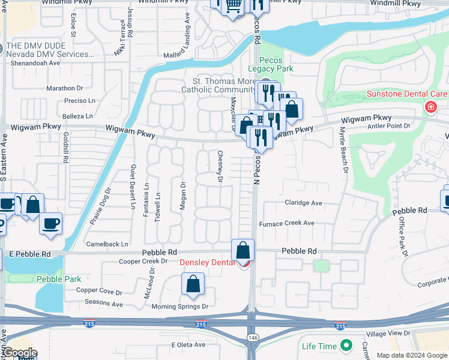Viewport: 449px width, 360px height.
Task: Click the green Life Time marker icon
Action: coord(346,346)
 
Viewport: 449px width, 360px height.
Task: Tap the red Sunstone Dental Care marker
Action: coord(430,107)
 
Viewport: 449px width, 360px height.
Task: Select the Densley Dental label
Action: coord(206,262)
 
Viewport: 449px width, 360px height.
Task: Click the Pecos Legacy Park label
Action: coord(276,64)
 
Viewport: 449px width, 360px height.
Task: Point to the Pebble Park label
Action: coord(59,279)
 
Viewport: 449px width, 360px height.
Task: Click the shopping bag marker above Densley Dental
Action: coord(243,250)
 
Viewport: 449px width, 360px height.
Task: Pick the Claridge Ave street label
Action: coord(303,203)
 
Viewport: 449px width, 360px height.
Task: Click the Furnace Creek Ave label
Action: coord(286,223)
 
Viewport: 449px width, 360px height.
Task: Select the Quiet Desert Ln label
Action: coord(134,187)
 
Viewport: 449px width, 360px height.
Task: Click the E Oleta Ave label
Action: coord(188,345)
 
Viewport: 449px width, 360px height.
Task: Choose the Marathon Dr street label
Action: coord(64,88)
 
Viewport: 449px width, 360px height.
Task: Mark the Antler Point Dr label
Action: coord(388,126)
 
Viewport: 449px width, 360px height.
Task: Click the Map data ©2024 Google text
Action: coord(411,355)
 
